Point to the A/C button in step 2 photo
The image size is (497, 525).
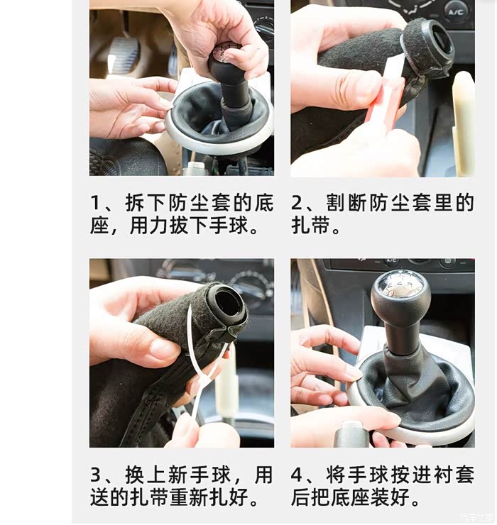click(456, 13)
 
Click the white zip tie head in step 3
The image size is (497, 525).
click(203, 381)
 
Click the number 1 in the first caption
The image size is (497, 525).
click(96, 203)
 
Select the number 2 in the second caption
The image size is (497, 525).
click(297, 203)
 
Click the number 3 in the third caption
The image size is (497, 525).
click(96, 475)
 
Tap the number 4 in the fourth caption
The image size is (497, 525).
click(297, 475)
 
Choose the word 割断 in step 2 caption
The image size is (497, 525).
click(346, 203)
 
